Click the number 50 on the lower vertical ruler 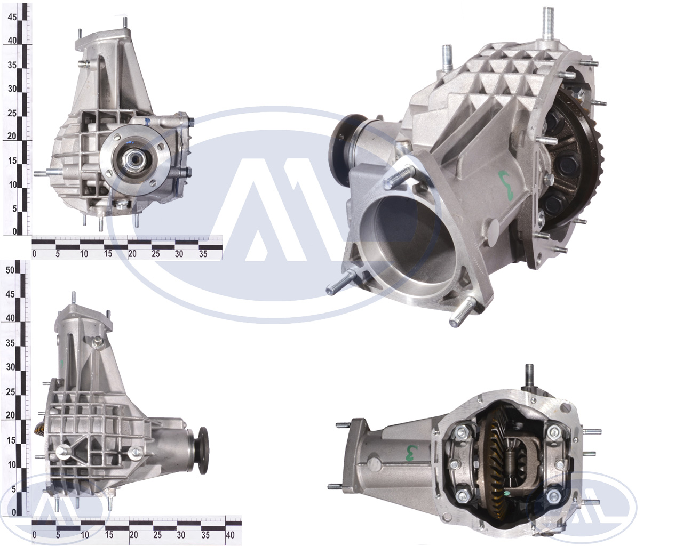pyautogui.click(x=10, y=270)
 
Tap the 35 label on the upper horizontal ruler pyautogui.click(x=203, y=254)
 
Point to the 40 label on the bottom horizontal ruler pyautogui.click(x=230, y=535)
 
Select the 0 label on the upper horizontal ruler pyautogui.click(x=35, y=254)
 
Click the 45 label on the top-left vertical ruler pyautogui.click(x=12, y=17)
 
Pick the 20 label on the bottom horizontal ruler pyautogui.click(x=133, y=535)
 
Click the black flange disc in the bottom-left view pyautogui.click(x=203, y=451)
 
